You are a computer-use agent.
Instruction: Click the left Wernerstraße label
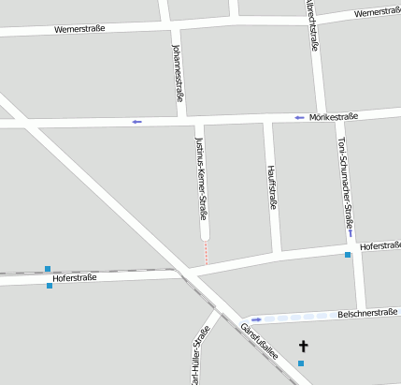tap(79, 29)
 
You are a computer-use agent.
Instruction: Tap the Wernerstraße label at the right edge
tap(377, 12)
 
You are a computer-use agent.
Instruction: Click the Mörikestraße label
tap(334, 117)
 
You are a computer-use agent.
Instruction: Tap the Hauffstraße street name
tap(273, 186)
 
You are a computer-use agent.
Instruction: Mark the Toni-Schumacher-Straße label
tap(343, 178)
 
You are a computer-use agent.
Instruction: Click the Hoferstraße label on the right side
tap(380, 245)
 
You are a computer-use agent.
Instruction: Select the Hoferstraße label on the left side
tap(76, 278)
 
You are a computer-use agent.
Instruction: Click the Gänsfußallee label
tap(259, 341)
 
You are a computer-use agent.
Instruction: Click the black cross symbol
tap(302, 346)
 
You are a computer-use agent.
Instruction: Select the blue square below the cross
tap(301, 363)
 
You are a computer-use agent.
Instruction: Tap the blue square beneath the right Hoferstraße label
tap(348, 255)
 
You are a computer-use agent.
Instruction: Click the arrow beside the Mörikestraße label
tap(299, 118)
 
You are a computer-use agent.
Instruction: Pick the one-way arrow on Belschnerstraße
tap(256, 319)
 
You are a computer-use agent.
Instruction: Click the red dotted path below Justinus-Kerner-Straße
tap(206, 251)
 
